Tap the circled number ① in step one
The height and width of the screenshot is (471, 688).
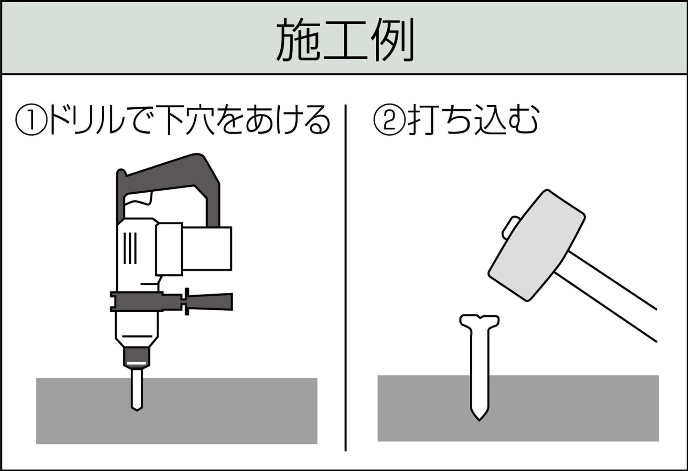31,121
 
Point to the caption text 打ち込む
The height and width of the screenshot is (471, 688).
473,121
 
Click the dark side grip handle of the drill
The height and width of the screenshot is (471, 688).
210,301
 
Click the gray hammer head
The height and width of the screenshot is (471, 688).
537,246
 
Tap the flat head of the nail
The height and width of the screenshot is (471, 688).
479,321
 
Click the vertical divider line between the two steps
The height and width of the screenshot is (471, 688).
345,275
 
